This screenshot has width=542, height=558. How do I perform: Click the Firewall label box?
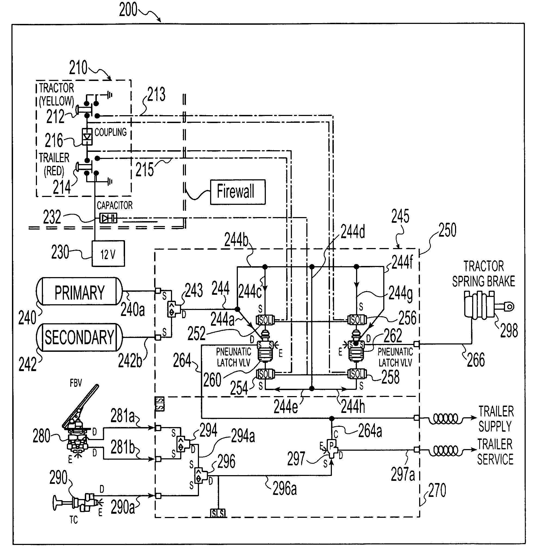[238, 192]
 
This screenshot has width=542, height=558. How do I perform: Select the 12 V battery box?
[108, 253]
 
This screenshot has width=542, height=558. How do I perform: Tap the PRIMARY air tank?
[79, 291]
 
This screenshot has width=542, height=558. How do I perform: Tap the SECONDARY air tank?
[79, 337]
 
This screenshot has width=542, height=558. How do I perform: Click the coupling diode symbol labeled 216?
[87, 137]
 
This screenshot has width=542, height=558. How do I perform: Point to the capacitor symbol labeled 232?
[108, 218]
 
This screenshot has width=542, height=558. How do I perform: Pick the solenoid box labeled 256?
[357, 320]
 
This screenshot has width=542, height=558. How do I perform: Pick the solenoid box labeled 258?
[357, 374]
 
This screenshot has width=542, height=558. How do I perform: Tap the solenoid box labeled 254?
[265, 374]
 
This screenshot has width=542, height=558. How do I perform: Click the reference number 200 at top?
[128, 10]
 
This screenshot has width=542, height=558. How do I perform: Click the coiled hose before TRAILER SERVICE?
[446, 450]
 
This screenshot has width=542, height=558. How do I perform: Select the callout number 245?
[400, 216]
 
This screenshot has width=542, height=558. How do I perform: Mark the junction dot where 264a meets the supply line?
[332, 418]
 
